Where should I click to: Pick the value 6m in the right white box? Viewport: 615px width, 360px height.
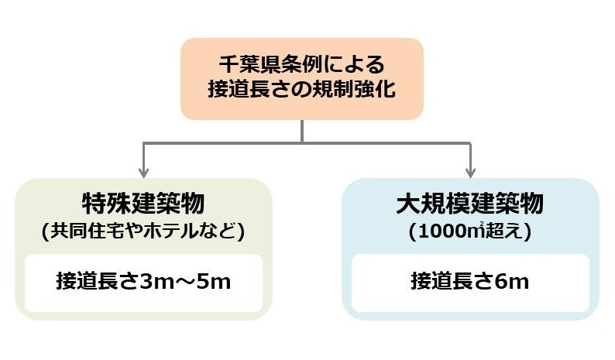click(x=513, y=280)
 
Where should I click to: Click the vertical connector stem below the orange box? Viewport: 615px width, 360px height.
click(x=302, y=131)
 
